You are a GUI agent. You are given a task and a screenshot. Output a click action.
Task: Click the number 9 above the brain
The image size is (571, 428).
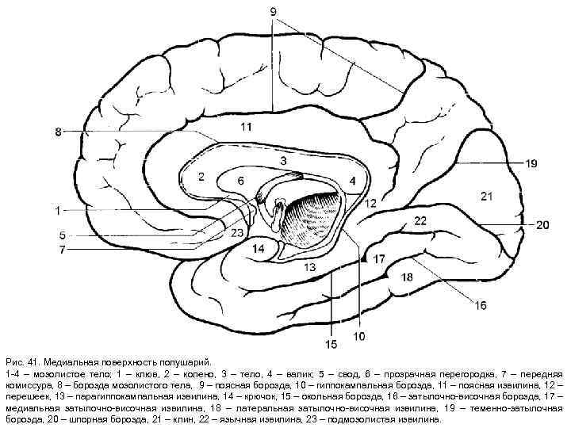(273, 12)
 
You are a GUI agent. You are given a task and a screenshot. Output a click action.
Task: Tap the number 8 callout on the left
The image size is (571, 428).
(57, 132)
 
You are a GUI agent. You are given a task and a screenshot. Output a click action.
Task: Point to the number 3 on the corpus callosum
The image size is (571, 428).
(282, 161)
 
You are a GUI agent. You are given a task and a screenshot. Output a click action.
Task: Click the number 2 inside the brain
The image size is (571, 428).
(201, 175)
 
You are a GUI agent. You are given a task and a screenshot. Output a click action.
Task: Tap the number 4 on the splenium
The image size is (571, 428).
(352, 182)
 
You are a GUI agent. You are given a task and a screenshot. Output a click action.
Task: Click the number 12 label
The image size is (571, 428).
(371, 204)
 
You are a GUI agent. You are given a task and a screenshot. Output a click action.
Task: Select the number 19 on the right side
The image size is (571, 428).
(531, 163)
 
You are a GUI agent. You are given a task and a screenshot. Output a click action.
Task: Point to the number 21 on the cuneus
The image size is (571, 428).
(486, 194)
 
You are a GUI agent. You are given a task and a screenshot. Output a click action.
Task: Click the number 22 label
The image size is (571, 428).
(420, 220)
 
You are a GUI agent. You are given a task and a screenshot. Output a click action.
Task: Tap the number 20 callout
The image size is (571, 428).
(542, 225)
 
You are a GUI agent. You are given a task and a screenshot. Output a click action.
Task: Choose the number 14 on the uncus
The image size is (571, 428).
(259, 249)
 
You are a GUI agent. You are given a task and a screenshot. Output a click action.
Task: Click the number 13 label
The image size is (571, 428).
(308, 268)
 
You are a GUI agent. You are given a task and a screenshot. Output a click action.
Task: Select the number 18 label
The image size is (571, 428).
(407, 277)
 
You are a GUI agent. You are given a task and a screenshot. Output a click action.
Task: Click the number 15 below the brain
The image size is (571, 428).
(331, 344)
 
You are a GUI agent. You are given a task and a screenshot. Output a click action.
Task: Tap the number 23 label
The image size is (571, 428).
(236, 233)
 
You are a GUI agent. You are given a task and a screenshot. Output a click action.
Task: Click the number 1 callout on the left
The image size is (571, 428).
(57, 210)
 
